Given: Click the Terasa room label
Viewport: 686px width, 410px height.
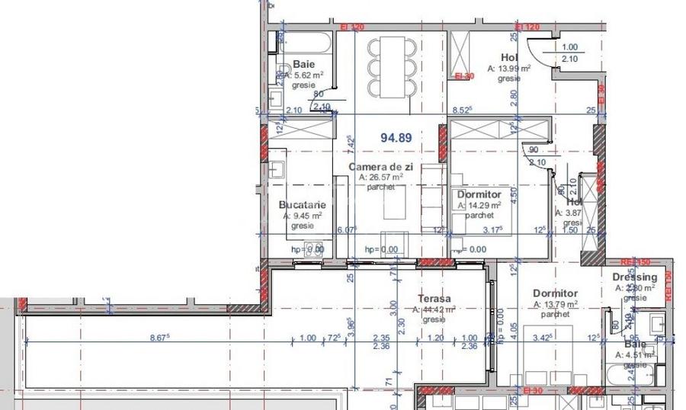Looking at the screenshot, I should [x=435, y=299].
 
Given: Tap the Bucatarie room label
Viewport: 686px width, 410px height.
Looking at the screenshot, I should [x=303, y=205].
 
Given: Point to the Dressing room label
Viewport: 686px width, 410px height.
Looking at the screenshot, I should [x=633, y=278].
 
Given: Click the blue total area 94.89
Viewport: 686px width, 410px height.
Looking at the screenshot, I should [x=396, y=138].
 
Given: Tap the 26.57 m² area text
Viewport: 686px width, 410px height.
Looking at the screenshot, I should [x=380, y=178].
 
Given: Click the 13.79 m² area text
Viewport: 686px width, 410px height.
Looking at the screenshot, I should [x=557, y=304].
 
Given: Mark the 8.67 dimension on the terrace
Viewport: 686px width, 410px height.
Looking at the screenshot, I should [x=159, y=338].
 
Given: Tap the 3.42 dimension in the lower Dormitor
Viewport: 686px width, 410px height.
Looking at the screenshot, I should [x=541, y=337].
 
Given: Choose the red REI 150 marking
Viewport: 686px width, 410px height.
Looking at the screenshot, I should [x=630, y=261].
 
